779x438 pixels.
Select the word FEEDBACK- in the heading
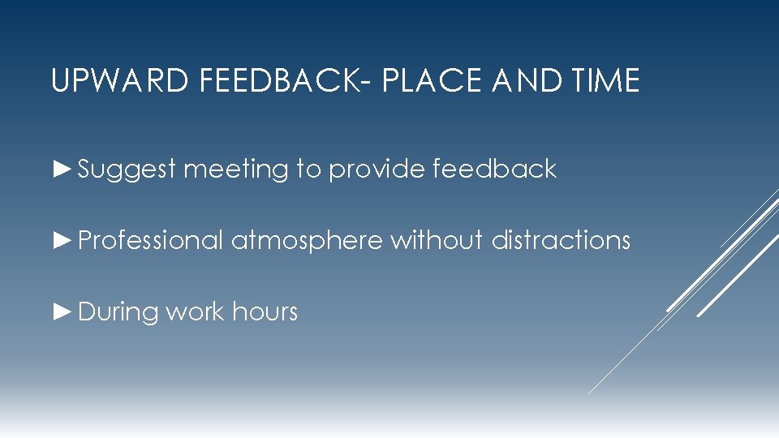[260, 81]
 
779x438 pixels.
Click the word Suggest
[127, 170]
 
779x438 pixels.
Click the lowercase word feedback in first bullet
[495, 169]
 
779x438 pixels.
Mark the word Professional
[150, 240]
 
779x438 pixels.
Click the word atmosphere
[307, 240]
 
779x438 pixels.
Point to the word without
[437, 240]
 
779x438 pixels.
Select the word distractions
[561, 240]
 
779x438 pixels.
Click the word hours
[265, 311]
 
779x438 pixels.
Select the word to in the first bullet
[308, 169]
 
